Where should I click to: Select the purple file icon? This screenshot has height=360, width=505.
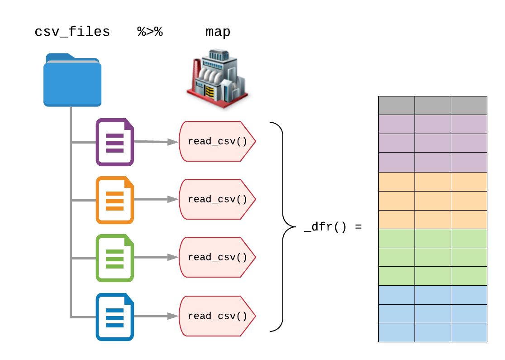[x=115, y=142]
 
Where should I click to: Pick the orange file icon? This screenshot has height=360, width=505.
[x=115, y=200]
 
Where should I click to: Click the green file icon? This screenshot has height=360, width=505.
[x=115, y=258]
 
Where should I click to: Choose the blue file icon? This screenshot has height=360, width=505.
[x=115, y=317]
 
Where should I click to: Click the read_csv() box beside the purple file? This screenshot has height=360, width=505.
[x=217, y=141]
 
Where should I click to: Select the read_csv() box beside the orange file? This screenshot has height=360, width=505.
[x=217, y=199]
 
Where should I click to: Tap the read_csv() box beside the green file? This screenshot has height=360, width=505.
[x=217, y=257]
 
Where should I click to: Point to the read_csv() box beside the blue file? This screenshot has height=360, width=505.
[x=217, y=316]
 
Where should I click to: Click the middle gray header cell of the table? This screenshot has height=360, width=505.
[x=433, y=106]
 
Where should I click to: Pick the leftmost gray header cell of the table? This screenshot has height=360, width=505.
[x=396, y=106]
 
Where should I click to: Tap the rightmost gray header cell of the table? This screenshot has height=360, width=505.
[x=469, y=106]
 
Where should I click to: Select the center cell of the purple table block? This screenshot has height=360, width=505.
[x=433, y=143]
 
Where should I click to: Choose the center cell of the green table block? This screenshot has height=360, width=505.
[x=433, y=257]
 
